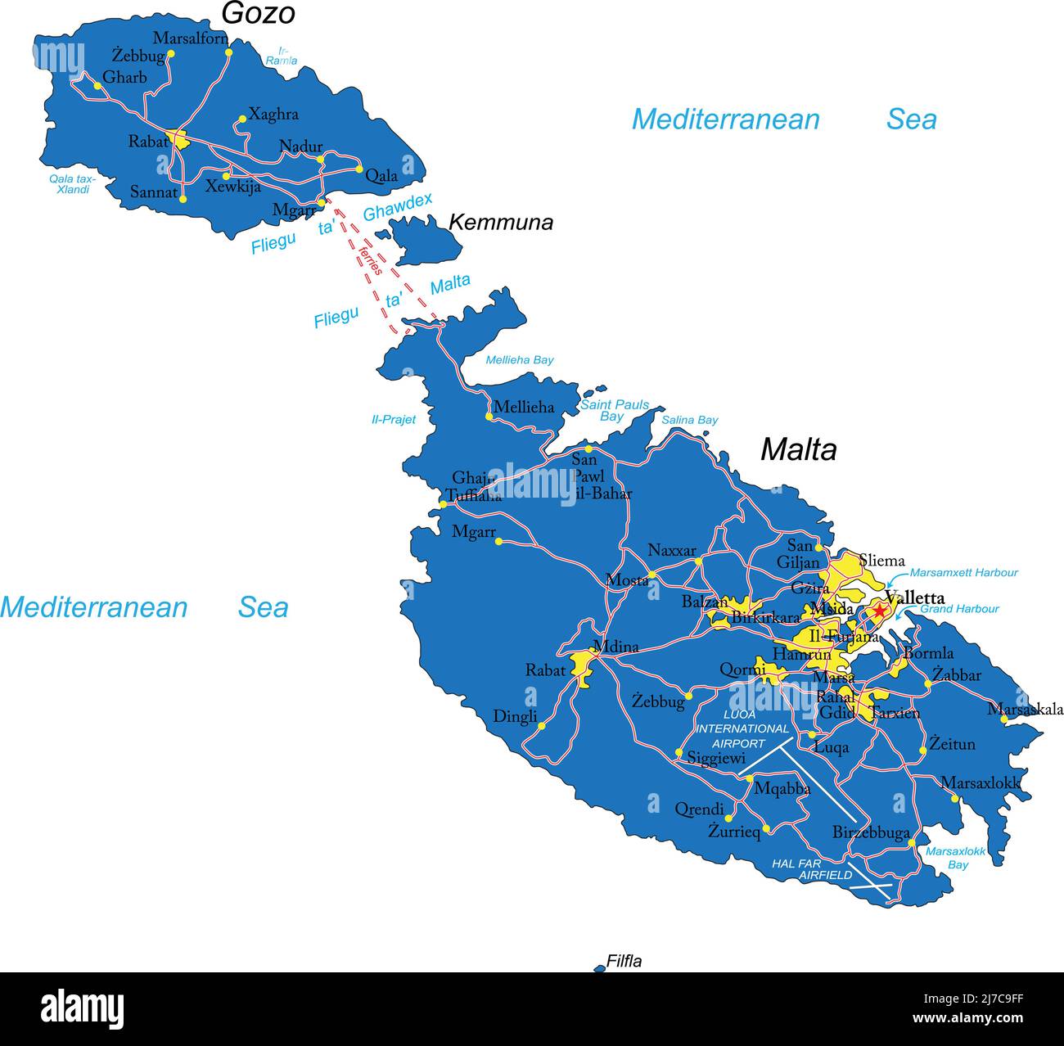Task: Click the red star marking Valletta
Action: (x=879, y=611)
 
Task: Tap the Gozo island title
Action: (x=258, y=14)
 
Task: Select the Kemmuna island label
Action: (x=501, y=223)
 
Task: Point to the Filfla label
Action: (x=624, y=962)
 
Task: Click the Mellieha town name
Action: (x=524, y=407)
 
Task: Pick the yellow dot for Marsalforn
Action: (x=228, y=52)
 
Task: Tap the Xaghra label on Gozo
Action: (x=273, y=115)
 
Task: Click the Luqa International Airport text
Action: (x=742, y=728)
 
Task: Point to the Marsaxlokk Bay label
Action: (x=956, y=858)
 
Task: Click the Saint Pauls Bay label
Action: (x=614, y=410)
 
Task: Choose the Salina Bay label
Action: (x=689, y=420)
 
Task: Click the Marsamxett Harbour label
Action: (x=963, y=573)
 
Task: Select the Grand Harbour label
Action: (x=959, y=609)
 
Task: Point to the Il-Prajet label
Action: (x=394, y=420)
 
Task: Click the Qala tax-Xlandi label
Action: (x=72, y=184)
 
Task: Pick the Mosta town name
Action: (x=626, y=580)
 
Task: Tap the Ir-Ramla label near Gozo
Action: (x=282, y=56)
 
